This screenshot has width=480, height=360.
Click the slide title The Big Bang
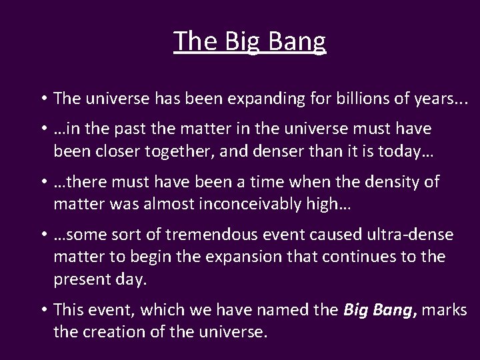pos(249,41)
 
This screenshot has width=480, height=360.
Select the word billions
pos(359,99)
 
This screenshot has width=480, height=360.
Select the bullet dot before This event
pos(43,310)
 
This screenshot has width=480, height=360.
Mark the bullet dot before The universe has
pos(43,99)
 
